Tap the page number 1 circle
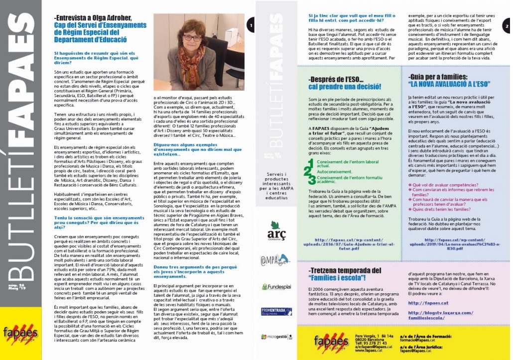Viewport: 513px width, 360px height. (x=251, y=24)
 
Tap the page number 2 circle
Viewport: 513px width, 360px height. (x=507, y=25)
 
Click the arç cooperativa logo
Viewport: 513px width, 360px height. (x=273, y=234)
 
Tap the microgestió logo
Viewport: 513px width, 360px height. (x=276, y=337)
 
